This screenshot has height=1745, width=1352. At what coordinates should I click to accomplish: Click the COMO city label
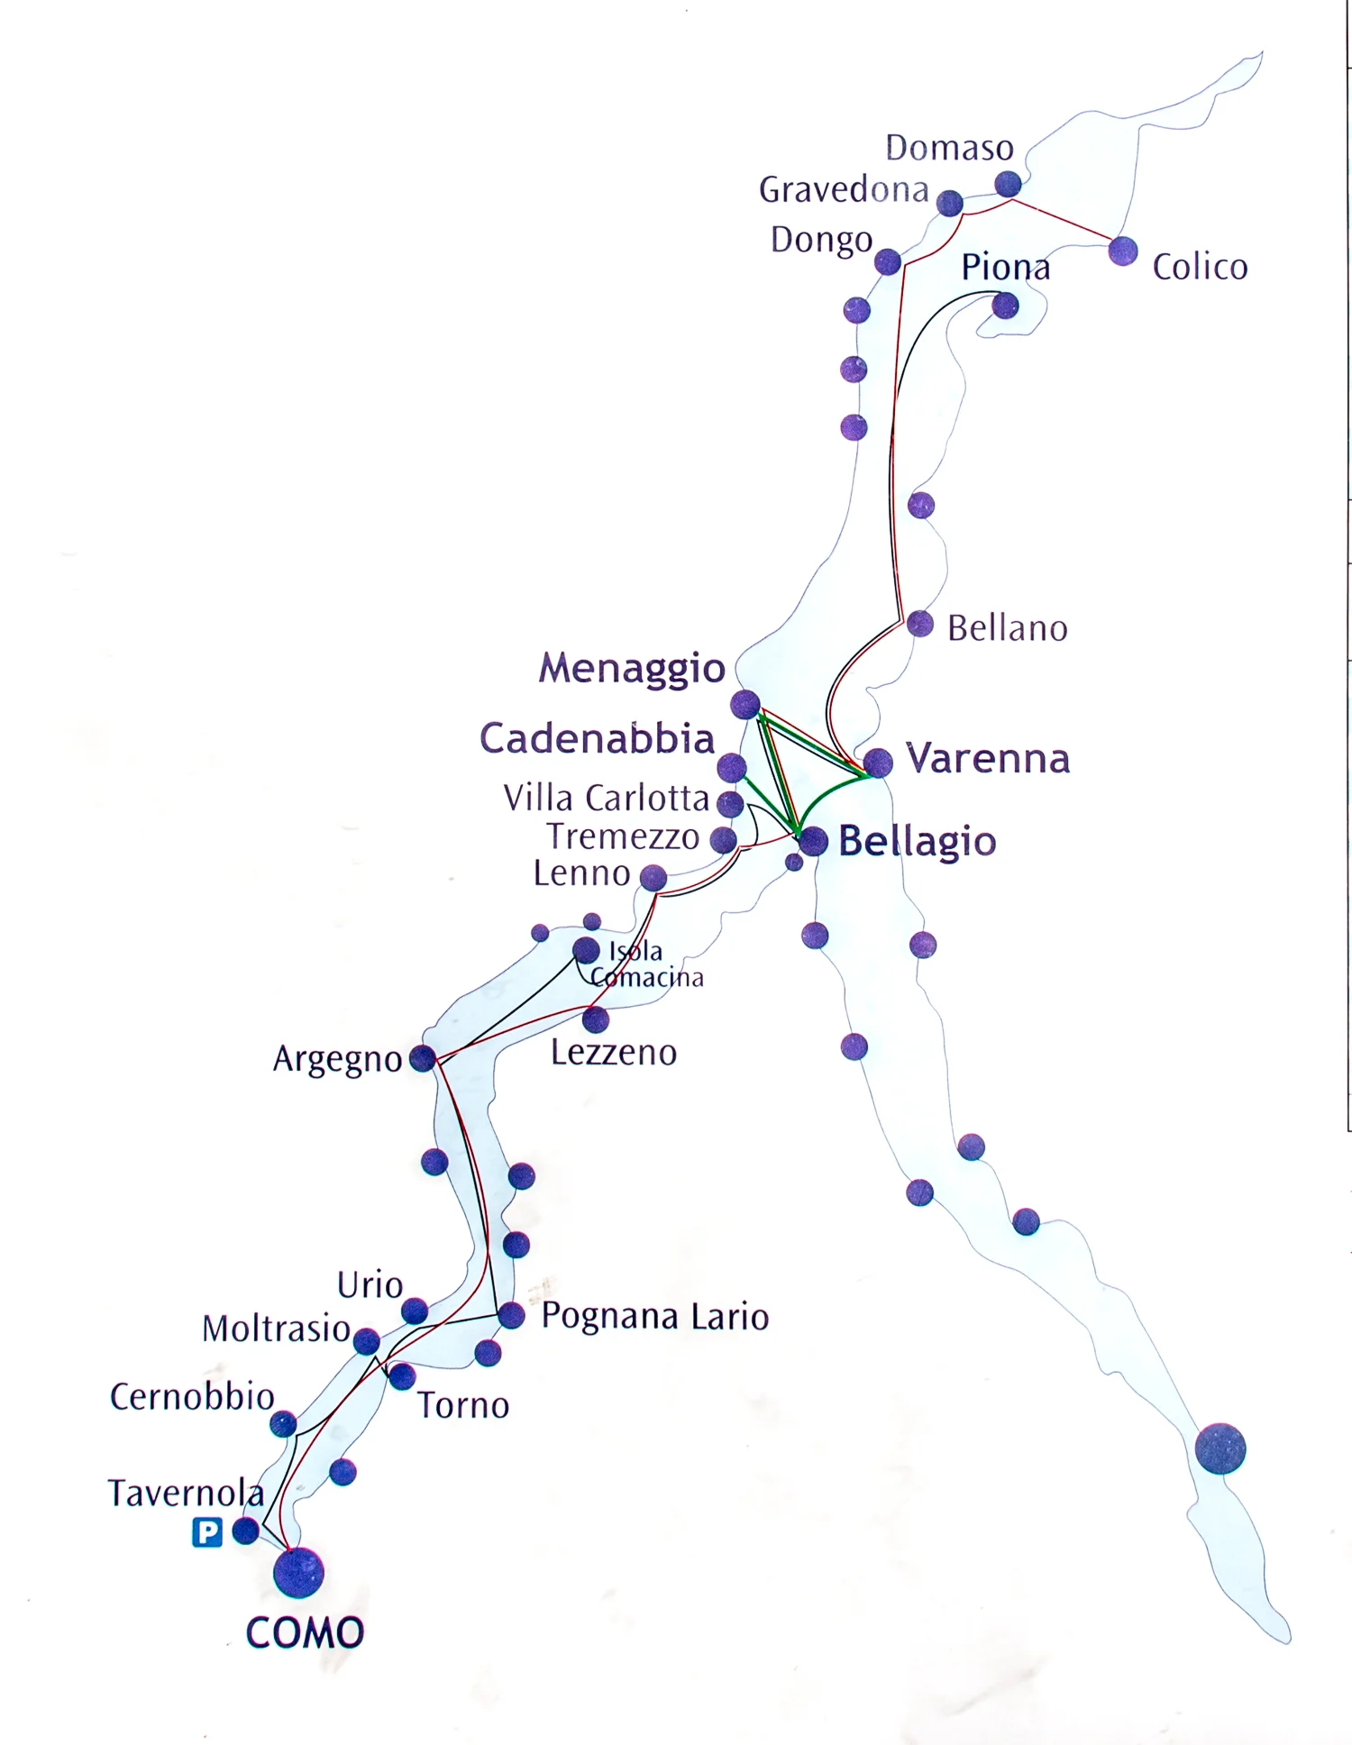point(305,1632)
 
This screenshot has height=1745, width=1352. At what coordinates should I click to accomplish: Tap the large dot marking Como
point(298,1573)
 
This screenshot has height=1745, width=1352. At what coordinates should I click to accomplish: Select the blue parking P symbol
point(207,1531)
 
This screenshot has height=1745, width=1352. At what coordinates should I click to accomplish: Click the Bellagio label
point(917,841)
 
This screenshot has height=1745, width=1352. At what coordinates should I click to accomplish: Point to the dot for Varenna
point(878,763)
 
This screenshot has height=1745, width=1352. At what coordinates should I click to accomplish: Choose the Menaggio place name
point(632,668)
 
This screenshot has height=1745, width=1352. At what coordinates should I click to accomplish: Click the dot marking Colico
point(1123,251)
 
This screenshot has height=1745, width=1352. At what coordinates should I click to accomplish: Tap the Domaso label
point(949,148)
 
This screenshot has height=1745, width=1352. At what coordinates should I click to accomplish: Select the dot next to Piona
point(1005,306)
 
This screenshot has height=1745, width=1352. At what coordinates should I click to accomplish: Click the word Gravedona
point(844,190)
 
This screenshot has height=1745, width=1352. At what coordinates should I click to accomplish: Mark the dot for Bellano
point(920,624)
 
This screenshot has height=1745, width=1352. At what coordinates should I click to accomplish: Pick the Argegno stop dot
point(422,1058)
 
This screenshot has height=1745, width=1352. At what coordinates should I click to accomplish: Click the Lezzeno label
point(614,1053)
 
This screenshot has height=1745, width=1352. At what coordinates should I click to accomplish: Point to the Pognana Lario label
point(655,1317)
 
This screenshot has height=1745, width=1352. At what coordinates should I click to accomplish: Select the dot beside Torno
point(402,1376)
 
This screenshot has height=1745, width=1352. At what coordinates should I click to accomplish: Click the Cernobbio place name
point(192,1397)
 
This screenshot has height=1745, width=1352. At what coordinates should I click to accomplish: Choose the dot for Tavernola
point(245,1530)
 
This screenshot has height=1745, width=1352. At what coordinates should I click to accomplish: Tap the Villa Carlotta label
point(607,799)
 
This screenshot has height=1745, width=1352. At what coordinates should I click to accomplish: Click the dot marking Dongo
point(888,262)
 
